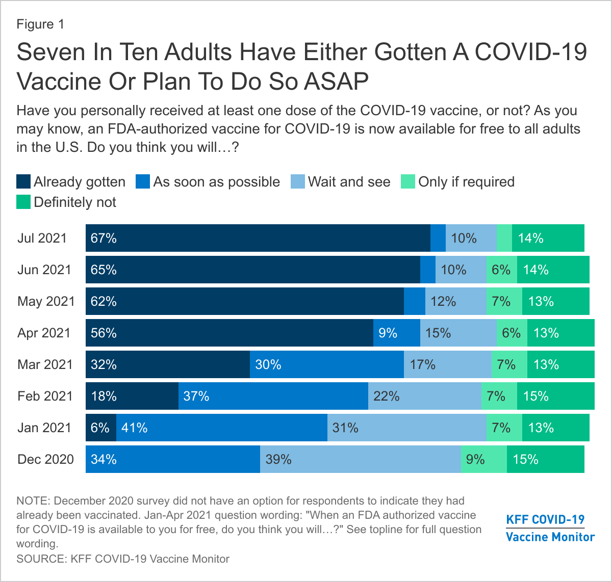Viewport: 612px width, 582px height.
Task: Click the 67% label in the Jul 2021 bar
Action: (x=104, y=238)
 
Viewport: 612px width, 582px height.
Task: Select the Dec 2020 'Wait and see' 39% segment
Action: (x=360, y=459)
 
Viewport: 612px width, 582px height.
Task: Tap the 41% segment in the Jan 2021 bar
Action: (x=221, y=428)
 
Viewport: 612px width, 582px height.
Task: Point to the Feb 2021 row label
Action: (x=45, y=396)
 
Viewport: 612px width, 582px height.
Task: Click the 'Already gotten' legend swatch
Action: (x=23, y=182)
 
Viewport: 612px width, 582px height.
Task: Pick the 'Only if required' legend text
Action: (x=466, y=182)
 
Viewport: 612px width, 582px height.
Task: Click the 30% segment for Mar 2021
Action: (x=326, y=364)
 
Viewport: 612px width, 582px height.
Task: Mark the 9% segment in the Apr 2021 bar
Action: (x=396, y=333)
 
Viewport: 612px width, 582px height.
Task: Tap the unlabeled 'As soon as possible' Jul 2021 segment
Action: (x=438, y=238)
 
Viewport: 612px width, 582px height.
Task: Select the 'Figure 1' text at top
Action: (x=40, y=24)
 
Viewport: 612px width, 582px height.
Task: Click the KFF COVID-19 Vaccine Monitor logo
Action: (x=550, y=528)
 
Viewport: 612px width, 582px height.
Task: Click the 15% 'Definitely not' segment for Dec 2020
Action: (x=545, y=459)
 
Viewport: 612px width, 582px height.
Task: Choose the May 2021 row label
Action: (x=46, y=301)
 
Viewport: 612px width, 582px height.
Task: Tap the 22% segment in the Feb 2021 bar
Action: (x=424, y=396)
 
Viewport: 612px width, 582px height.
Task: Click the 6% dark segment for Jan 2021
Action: (x=100, y=428)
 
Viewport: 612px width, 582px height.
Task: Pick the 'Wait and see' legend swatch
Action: (x=297, y=182)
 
